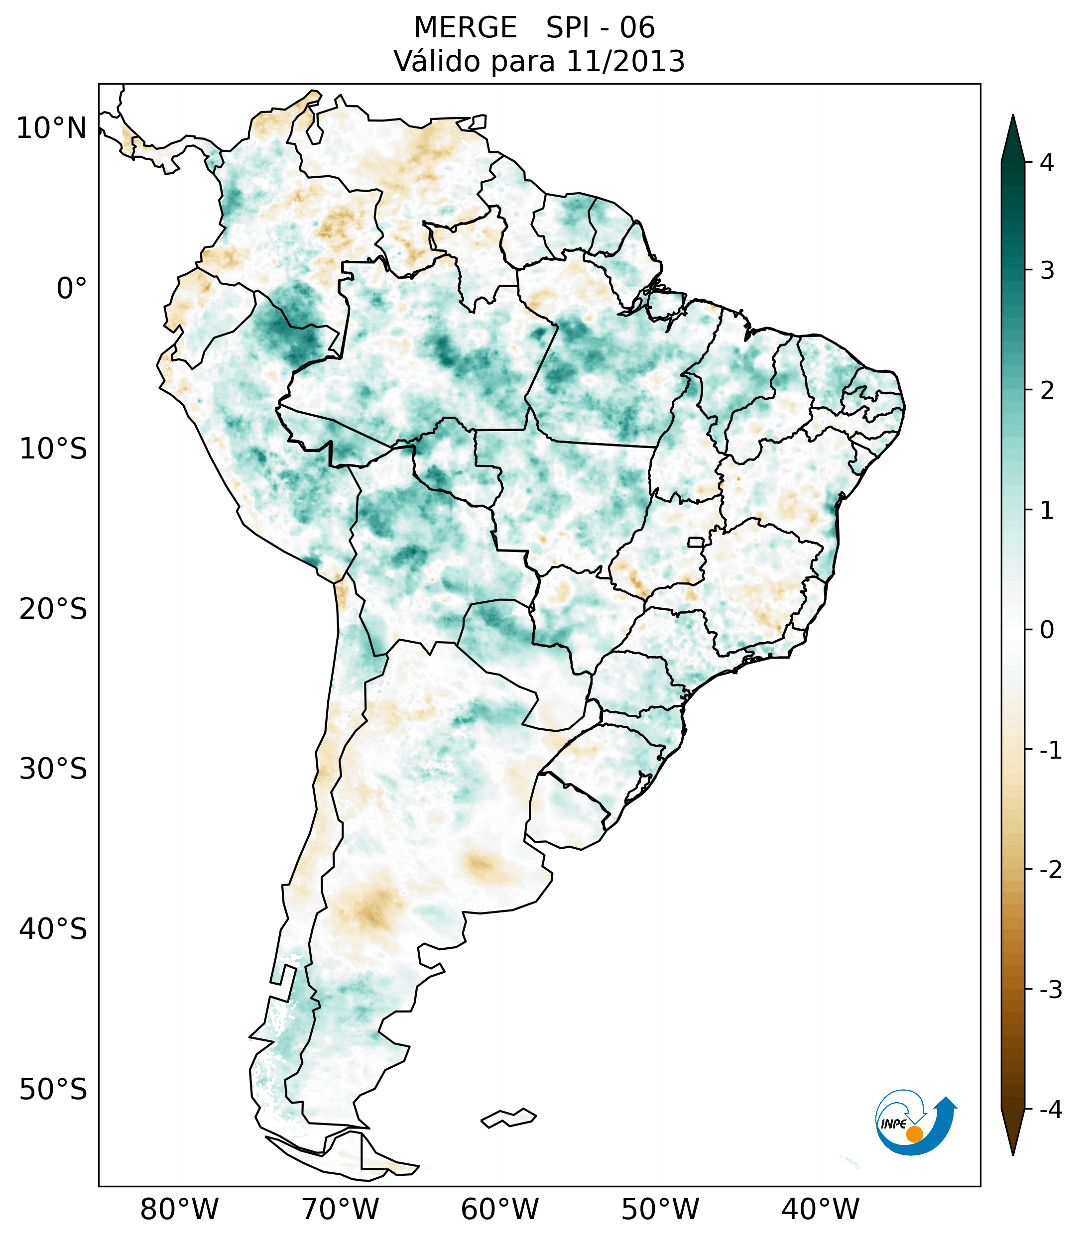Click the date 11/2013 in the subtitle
pyautogui.click(x=625, y=61)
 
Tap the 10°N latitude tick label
pyautogui.click(x=52, y=128)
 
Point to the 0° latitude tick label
pyautogui.click(x=72, y=289)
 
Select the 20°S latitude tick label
pyautogui.click(x=53, y=609)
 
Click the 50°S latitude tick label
pyautogui.click(x=53, y=1090)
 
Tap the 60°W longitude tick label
pyautogui.click(x=499, y=1209)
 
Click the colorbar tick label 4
pyautogui.click(x=1046, y=163)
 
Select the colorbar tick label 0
pyautogui.click(x=1046, y=630)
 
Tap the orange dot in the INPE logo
pyautogui.click(x=914, y=1134)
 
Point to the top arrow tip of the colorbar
pyautogui.click(x=1012, y=116)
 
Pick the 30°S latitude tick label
pyautogui.click(x=53, y=769)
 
